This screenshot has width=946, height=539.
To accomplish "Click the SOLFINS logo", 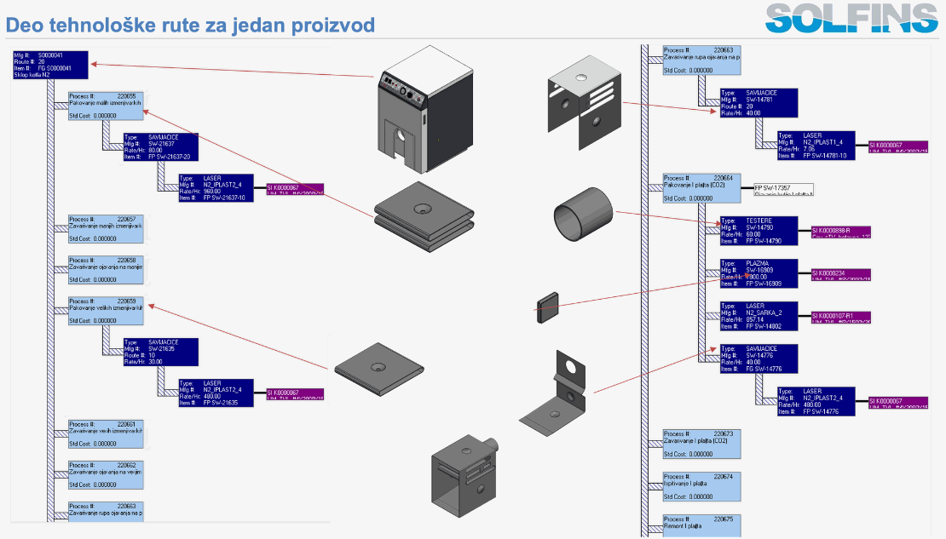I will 851,18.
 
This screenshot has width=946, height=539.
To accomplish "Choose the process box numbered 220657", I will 106,229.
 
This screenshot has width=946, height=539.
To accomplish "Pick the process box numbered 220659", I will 106,311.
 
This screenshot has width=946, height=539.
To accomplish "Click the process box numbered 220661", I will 106,433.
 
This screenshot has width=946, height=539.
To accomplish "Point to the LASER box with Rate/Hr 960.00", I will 216,188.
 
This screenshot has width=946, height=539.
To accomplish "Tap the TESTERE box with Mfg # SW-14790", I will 759,231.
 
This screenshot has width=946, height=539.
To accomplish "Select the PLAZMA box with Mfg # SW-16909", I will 759,273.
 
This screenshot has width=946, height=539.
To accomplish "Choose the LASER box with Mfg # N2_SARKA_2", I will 759,316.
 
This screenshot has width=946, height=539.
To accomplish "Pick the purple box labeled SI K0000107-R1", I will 840,317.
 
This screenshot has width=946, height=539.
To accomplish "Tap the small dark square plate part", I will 546,307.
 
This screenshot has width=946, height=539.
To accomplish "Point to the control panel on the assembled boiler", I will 401,87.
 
